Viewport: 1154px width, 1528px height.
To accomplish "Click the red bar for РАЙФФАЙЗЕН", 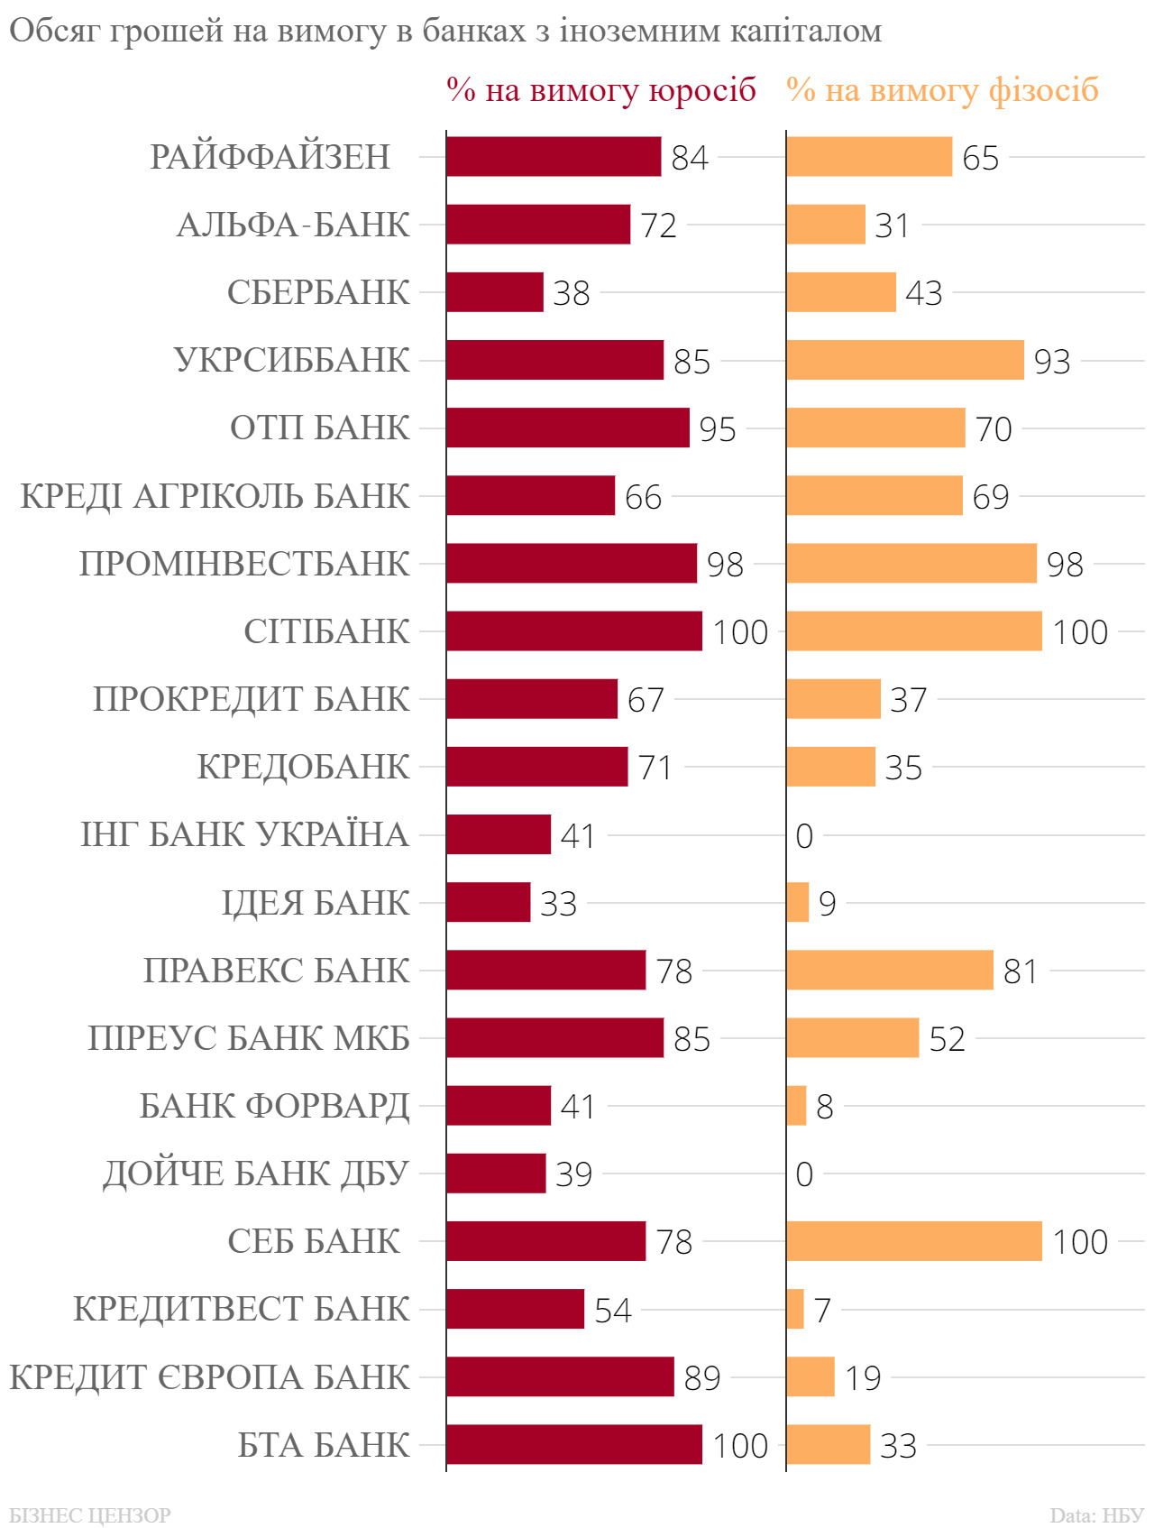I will (554, 157).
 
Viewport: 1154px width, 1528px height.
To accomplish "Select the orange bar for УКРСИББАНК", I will (905, 360).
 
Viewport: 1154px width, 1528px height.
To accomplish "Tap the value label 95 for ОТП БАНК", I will (718, 429).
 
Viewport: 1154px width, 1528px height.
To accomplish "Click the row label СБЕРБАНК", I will (318, 292).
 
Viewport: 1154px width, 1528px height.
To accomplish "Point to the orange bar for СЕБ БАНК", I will (914, 1241).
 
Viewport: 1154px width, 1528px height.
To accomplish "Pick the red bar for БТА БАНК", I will (574, 1444).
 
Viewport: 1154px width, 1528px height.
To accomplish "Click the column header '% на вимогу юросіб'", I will (601, 90).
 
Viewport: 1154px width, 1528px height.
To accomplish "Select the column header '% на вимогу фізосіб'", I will (942, 90).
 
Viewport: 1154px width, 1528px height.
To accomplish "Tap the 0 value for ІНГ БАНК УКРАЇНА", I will (804, 836).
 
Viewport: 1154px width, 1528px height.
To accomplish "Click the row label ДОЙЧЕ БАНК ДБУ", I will (257, 1174).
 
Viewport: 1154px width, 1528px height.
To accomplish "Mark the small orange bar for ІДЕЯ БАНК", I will (798, 902).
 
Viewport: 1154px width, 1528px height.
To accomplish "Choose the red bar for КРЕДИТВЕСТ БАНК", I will (516, 1309).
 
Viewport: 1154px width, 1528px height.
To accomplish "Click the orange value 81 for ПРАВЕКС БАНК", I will (1021, 971).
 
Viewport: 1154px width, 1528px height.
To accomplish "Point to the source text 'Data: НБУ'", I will (1096, 1514).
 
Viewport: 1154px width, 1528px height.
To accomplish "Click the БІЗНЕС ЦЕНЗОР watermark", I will (90, 1514).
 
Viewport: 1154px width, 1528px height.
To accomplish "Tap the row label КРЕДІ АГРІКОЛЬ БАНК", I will (215, 496).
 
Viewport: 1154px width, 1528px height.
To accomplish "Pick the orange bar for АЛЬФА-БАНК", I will (826, 225).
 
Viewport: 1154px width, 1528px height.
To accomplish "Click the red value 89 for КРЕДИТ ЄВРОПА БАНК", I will (702, 1378).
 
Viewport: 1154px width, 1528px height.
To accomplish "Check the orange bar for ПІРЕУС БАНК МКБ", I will (853, 1037).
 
